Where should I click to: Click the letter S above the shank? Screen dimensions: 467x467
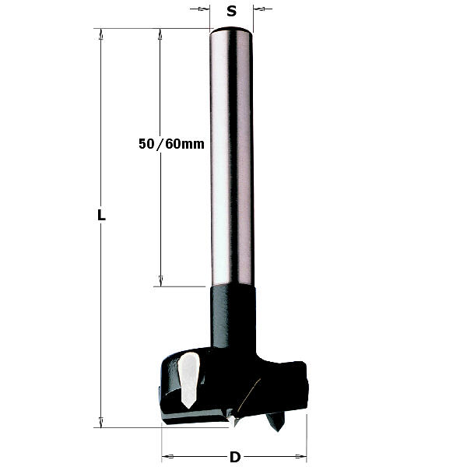coord(231,12)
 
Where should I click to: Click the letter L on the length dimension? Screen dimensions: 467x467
coord(101,215)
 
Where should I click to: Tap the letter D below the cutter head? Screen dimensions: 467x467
coord(235,457)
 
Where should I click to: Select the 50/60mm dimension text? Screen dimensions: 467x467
coord(171,144)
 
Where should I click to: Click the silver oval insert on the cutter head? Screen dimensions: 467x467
coord(188,380)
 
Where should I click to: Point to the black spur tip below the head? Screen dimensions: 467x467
coord(276,421)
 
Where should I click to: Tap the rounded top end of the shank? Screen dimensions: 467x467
coord(231,30)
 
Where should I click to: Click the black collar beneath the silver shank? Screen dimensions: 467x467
coord(233,316)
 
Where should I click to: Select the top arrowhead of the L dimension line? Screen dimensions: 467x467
coord(101,34)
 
